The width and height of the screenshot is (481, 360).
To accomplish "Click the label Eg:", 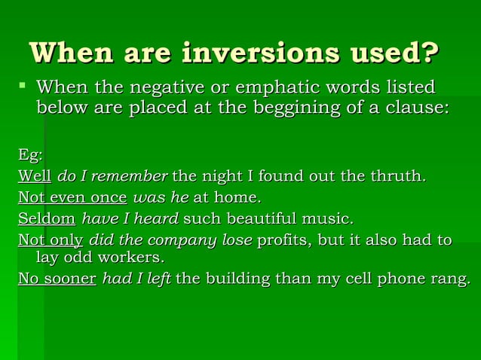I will pyautogui.click(x=30, y=155).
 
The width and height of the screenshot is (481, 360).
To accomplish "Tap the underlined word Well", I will pyautogui.click(x=34, y=177).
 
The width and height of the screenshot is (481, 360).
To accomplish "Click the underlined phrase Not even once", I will pyautogui.click(x=72, y=198).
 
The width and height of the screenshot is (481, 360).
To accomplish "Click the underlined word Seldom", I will pyautogui.click(x=47, y=219).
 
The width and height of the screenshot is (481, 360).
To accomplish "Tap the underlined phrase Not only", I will pyautogui.click(x=51, y=240).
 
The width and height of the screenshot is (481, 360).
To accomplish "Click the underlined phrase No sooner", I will pyautogui.click(x=57, y=279).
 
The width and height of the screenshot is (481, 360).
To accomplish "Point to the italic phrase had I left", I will pyautogui.click(x=136, y=279).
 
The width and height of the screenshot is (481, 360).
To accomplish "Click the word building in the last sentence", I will pyautogui.click(x=234, y=279).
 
